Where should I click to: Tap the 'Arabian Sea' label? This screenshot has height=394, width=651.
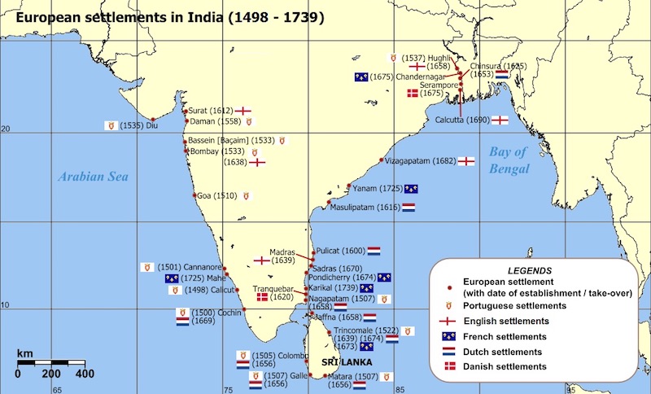point(94,177)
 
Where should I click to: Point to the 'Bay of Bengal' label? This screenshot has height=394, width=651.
point(509,160)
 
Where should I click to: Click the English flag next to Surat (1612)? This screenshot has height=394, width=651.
point(242,110)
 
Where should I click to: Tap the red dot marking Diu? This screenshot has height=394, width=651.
point(152,120)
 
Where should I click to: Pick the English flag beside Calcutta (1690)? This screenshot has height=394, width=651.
point(500,120)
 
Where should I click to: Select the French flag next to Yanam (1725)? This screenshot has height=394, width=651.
point(411,189)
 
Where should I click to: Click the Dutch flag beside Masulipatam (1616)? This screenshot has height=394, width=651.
point(409,208)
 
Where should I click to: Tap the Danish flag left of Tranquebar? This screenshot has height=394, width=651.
point(262,298)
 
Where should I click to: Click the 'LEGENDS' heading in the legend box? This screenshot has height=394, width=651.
point(530,269)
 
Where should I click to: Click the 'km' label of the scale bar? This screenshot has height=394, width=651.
point(25,354)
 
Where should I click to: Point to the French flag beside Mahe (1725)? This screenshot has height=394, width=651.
point(171,278)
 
